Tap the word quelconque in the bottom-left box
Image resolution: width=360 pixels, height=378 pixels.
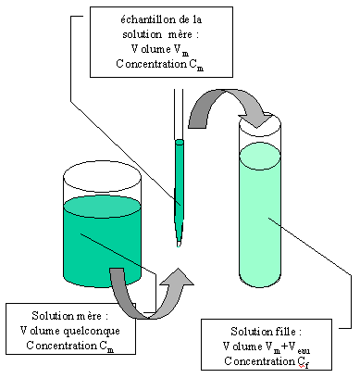(x=91, y=331)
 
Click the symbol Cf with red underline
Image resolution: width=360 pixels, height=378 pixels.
(x=304, y=361)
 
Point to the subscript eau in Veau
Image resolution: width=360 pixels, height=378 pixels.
(x=304, y=350)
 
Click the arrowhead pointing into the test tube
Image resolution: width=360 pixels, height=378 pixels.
(x=255, y=120)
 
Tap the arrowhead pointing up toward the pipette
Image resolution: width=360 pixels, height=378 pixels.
(x=178, y=278)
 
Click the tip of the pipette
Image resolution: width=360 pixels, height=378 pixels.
(x=179, y=246)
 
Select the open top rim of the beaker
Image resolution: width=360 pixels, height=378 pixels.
(x=102, y=176)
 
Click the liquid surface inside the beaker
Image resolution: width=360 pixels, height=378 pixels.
(x=102, y=207)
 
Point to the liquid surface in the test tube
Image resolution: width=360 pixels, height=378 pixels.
(x=260, y=157)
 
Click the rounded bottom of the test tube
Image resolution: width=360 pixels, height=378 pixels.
(x=260, y=281)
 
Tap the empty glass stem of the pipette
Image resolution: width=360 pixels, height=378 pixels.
(x=179, y=114)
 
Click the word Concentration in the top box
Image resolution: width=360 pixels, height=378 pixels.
(x=151, y=64)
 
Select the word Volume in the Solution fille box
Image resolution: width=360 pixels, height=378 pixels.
(x=242, y=346)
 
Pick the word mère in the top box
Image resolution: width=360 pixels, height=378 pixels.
(x=180, y=34)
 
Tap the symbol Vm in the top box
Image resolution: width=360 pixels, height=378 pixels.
(x=181, y=50)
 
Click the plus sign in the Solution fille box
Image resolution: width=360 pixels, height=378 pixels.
(x=284, y=346)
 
